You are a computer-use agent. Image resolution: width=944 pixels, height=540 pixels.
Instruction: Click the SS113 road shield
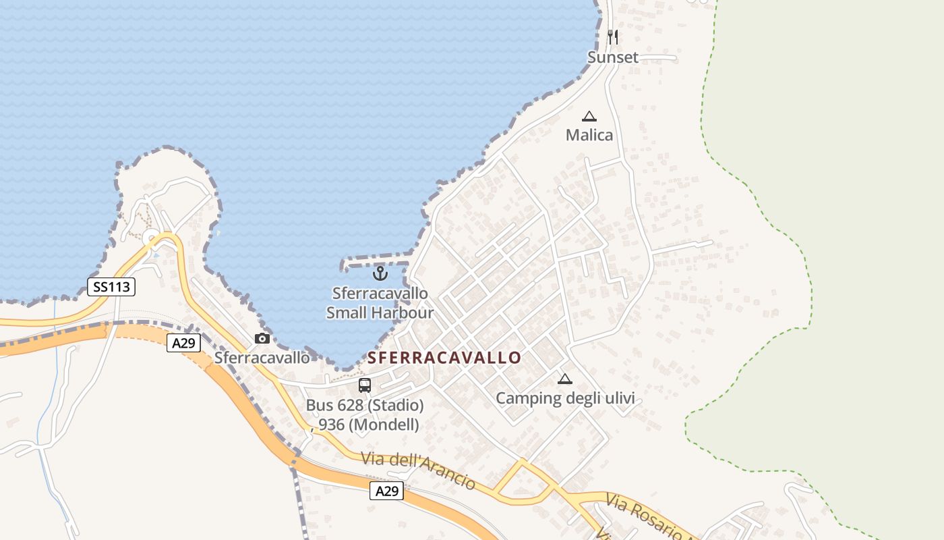click(x=111, y=287)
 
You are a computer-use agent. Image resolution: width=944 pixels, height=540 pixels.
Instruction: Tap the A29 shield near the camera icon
click(x=183, y=343)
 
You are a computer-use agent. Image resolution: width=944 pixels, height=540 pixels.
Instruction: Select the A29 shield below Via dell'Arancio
click(x=386, y=491)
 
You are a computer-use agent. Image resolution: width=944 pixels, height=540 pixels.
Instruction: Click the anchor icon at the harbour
click(x=380, y=273)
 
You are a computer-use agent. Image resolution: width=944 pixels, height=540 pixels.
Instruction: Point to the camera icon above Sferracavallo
click(x=262, y=338)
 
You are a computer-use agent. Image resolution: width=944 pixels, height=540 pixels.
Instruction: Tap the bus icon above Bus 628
click(x=365, y=385)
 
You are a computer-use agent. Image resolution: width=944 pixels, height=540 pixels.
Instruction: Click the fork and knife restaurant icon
click(x=612, y=36)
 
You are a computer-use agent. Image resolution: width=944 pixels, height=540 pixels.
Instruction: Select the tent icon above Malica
click(x=589, y=116)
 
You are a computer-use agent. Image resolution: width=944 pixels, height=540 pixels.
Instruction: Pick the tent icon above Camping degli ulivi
click(x=565, y=379)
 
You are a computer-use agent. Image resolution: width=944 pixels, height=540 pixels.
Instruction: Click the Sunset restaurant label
click(x=612, y=57)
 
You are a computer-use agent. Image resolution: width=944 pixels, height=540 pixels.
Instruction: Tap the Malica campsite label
click(x=589, y=135)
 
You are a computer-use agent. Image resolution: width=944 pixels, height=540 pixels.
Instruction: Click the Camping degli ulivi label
click(x=565, y=398)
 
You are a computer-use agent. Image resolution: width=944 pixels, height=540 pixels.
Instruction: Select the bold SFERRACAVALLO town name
click(x=445, y=358)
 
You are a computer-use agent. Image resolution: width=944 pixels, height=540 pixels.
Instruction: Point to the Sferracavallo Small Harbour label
click(x=380, y=303)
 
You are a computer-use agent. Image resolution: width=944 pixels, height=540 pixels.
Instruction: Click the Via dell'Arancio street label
click(x=418, y=470)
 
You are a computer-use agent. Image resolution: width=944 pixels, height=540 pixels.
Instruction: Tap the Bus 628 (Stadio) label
click(x=365, y=406)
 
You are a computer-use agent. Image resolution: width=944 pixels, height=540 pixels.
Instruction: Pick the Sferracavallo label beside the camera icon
click(x=262, y=358)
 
